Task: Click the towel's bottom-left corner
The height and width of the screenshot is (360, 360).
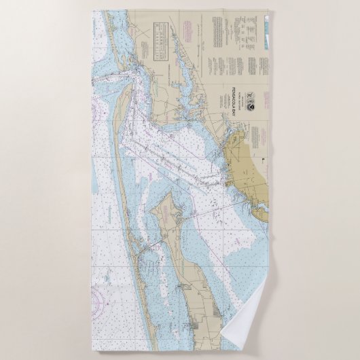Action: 92,350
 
